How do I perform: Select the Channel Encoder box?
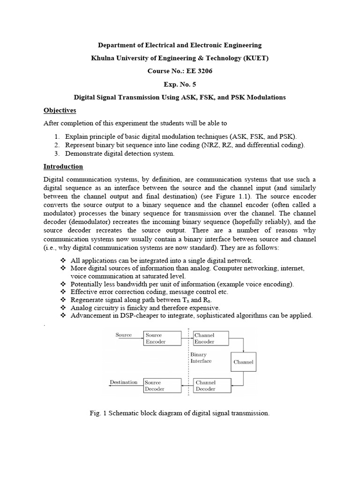[x=210, y=338]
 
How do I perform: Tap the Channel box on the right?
[x=243, y=362]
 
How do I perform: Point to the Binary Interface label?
[x=201, y=358]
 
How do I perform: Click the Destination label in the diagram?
[x=124, y=382]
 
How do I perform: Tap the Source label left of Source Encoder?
[x=123, y=335]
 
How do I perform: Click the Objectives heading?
[x=60, y=110]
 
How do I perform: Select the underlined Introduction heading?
[x=63, y=166]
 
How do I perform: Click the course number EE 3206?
[x=180, y=71]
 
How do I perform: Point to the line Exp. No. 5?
[x=180, y=84]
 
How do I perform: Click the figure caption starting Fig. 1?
[x=180, y=413]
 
